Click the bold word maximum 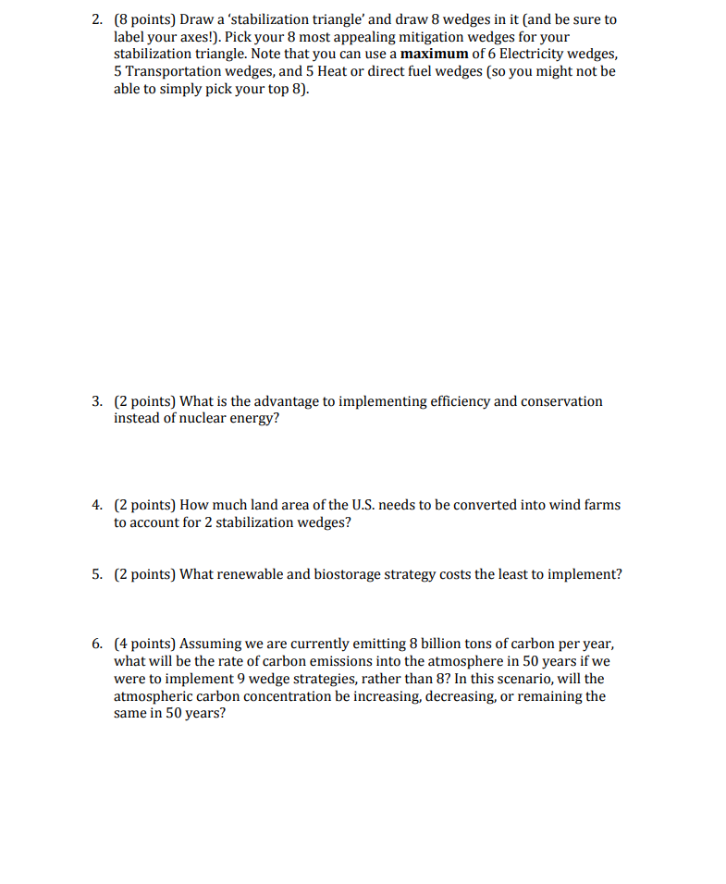tap(435, 54)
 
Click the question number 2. tap(97, 19)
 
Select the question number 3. tap(97, 401)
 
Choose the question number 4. tap(97, 505)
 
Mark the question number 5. tap(97, 574)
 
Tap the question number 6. tap(97, 644)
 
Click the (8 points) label tap(145, 19)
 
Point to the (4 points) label tap(145, 644)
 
